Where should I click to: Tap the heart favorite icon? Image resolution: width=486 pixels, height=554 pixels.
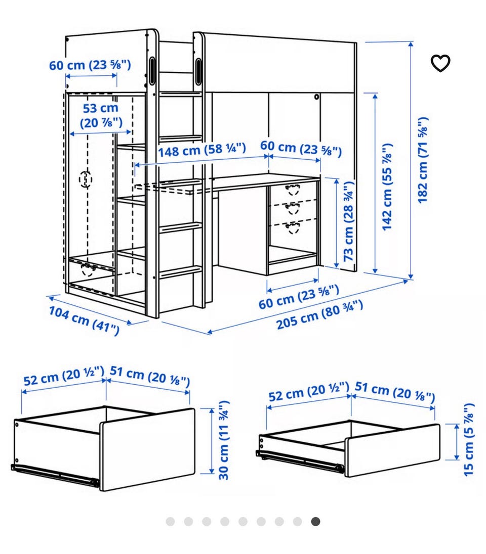point(440,63)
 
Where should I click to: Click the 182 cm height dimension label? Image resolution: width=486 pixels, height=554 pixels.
point(423,160)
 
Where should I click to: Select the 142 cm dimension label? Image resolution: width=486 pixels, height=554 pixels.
point(387,187)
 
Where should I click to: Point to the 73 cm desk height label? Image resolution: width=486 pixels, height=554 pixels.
point(349,221)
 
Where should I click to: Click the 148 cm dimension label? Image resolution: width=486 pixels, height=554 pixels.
point(202,150)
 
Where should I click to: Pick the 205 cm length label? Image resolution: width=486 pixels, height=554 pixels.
point(319,314)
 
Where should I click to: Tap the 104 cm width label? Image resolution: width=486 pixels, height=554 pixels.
point(84,320)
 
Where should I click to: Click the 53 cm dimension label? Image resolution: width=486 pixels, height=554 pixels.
point(101,116)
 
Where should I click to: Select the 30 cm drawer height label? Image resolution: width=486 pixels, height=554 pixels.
point(224,440)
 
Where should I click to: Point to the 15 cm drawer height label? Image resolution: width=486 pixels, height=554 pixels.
point(468,440)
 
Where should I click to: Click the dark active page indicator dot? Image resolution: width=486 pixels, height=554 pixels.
point(315,522)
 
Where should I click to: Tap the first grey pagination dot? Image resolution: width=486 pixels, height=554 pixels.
point(170,522)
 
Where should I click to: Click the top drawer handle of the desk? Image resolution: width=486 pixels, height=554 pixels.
point(293,190)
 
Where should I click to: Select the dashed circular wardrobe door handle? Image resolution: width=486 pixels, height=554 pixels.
point(86,179)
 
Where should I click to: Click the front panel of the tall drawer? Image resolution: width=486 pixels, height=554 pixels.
point(147,449)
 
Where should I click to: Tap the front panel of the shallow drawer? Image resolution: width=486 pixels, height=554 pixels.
point(392,450)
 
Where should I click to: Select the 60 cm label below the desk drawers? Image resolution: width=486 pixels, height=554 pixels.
point(299,296)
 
